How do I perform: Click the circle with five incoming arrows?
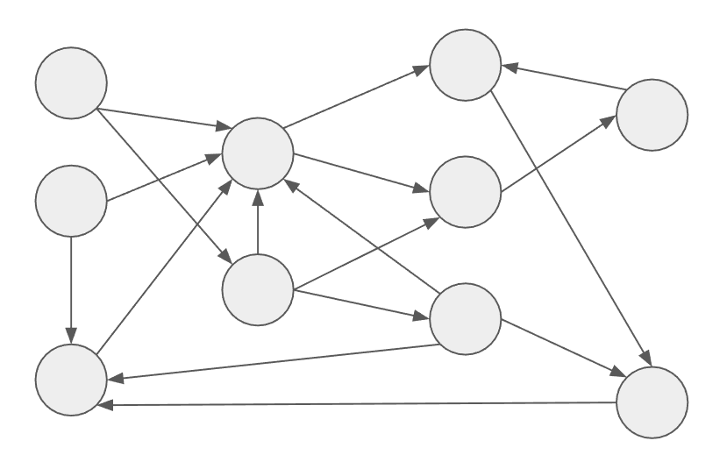point(257,153)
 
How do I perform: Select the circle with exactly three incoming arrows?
point(70,380)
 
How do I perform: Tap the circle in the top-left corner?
point(70,82)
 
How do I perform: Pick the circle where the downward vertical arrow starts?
point(70,201)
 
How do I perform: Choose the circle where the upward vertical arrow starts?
point(257,289)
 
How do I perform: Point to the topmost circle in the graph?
point(465,63)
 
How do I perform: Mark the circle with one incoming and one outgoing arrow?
point(652,115)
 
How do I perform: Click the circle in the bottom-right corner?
point(652,401)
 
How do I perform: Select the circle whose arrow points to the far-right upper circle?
point(465,191)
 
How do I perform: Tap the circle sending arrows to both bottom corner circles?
point(465,318)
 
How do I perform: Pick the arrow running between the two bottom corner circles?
point(360,404)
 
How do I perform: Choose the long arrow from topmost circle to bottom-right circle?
point(570,228)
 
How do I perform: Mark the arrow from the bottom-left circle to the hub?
point(167,263)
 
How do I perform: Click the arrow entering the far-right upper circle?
point(558,153)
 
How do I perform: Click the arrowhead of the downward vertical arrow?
point(70,337)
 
